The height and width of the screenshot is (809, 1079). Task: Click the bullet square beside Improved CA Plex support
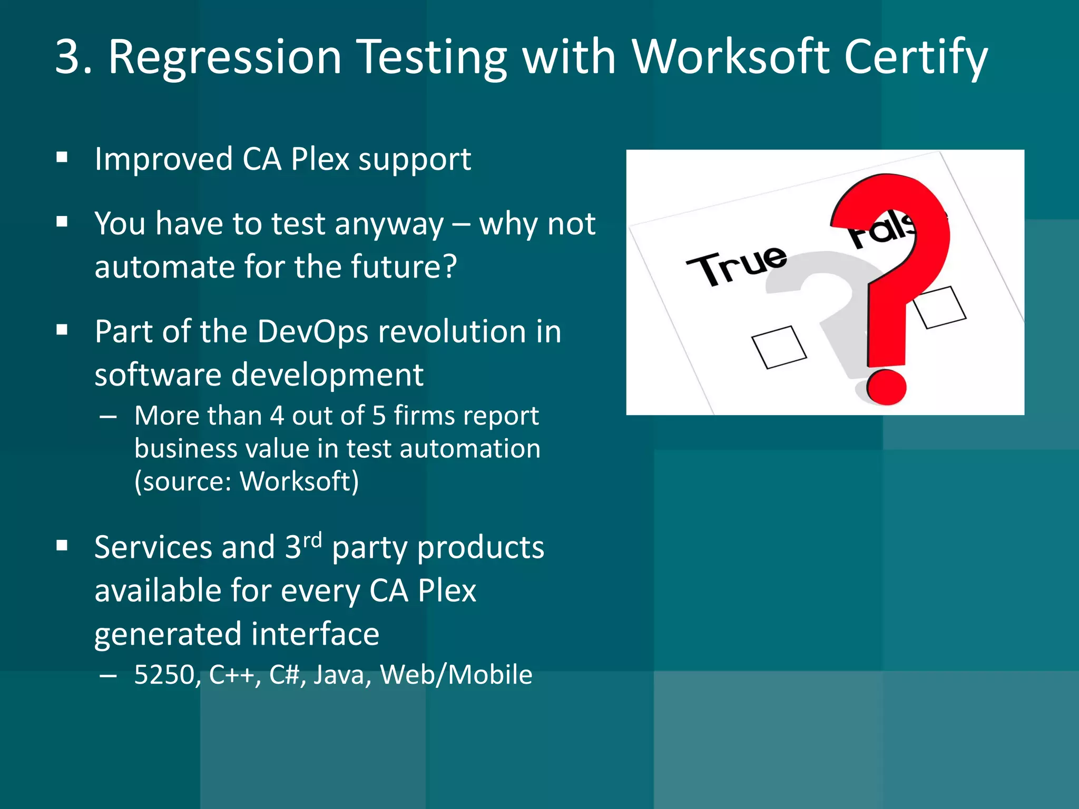[x=62, y=157]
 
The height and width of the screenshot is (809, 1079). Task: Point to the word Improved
[x=163, y=159]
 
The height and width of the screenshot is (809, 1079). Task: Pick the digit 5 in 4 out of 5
[x=379, y=416]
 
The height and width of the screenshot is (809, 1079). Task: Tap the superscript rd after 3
[x=312, y=539]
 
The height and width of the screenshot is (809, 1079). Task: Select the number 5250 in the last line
[x=165, y=675]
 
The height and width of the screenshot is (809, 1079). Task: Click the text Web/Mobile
[x=456, y=675]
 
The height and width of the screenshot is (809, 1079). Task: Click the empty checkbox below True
[x=779, y=347]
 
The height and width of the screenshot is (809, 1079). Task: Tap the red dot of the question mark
[x=886, y=387]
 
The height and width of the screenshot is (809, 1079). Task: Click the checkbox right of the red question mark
[x=940, y=307]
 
